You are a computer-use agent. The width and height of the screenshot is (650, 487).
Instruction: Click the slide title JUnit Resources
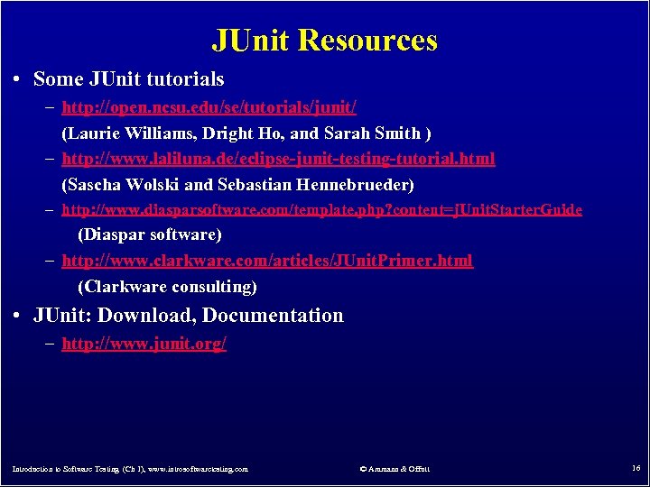pyautogui.click(x=324, y=41)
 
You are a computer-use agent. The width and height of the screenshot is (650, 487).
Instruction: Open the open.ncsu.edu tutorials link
pyautogui.click(x=209, y=108)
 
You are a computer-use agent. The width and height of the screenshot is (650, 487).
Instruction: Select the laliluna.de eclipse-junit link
pyautogui.click(x=278, y=160)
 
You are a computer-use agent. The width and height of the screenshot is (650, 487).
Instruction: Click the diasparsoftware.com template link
pyautogui.click(x=321, y=210)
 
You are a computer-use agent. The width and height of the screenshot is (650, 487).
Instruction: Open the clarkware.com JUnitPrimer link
pyautogui.click(x=266, y=261)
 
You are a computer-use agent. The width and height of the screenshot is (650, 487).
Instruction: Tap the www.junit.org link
pyautogui.click(x=144, y=344)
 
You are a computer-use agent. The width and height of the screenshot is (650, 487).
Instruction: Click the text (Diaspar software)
pyautogui.click(x=150, y=234)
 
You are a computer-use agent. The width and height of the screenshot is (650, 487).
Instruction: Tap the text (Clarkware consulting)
pyautogui.click(x=167, y=287)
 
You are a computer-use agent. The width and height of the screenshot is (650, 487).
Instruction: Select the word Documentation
pyautogui.click(x=273, y=316)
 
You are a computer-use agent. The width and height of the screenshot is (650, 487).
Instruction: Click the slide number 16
pyautogui.click(x=636, y=468)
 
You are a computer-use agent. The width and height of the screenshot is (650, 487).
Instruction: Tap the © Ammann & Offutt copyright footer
pyautogui.click(x=395, y=469)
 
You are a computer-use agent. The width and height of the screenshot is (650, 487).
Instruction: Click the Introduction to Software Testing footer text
pyautogui.click(x=129, y=469)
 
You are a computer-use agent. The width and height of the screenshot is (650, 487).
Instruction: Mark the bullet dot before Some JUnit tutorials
pyautogui.click(x=18, y=79)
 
